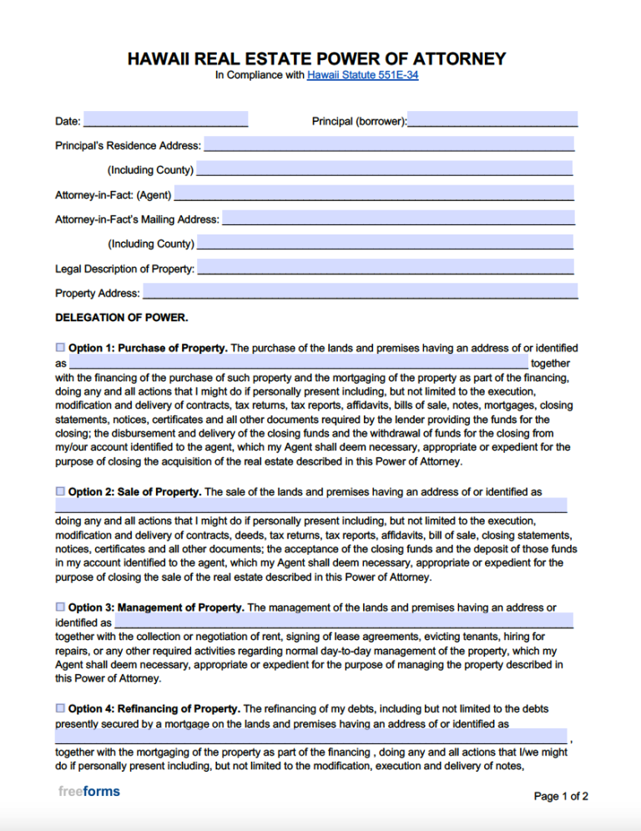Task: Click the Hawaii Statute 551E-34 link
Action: click(362, 75)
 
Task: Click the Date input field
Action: click(165, 120)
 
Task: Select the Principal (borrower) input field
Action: click(492, 120)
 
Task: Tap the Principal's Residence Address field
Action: click(389, 144)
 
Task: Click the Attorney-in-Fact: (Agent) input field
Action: click(374, 194)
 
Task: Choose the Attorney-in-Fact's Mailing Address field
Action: click(399, 219)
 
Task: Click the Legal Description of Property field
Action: click(386, 268)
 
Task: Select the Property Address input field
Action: click(361, 292)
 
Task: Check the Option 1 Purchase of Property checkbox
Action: click(60, 347)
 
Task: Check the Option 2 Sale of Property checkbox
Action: click(60, 491)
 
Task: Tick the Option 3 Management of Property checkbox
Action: click(60, 607)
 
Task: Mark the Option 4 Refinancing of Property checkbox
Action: click(60, 708)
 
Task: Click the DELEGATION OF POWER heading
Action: click(122, 318)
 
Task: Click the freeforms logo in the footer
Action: click(89, 791)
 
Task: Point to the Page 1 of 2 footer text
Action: click(561, 796)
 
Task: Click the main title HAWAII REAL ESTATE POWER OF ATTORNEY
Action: click(316, 58)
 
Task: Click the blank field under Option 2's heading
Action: click(310, 506)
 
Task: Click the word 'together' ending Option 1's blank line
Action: click(550, 363)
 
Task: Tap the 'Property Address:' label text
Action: click(97, 293)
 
